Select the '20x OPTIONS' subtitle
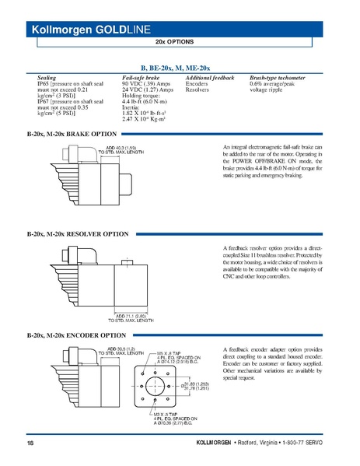tap(179, 42)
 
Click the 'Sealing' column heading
tap(47, 78)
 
